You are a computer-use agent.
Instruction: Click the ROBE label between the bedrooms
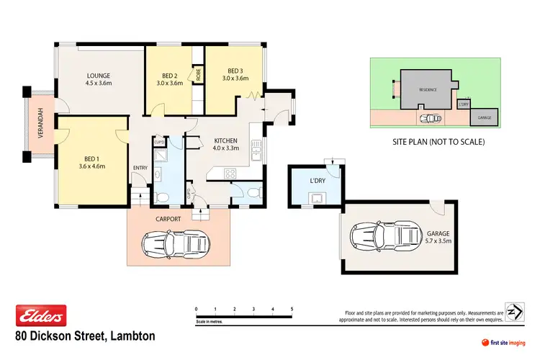(199, 75)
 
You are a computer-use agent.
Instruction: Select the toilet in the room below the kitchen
(251, 193)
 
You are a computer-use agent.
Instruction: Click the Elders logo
(41, 315)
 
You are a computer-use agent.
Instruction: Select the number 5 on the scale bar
(292, 309)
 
